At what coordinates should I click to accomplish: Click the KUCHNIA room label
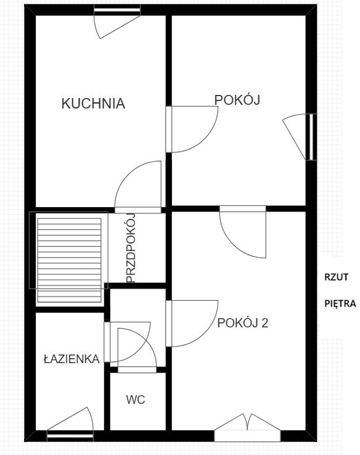(93, 104)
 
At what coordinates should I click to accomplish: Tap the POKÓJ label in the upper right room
(237, 99)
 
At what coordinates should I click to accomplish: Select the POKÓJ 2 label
(242, 322)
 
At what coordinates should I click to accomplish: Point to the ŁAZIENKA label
(72, 359)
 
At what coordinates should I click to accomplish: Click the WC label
(136, 400)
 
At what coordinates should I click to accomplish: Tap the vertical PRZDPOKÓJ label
(131, 248)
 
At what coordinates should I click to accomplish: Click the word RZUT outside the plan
(336, 277)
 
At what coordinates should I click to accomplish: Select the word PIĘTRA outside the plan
(340, 303)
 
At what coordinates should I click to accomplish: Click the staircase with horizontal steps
(69, 260)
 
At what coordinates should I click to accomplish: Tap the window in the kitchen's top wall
(117, 10)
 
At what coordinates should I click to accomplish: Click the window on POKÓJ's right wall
(311, 137)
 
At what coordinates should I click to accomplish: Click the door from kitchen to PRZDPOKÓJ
(138, 187)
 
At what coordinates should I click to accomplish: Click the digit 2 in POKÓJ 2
(264, 322)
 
